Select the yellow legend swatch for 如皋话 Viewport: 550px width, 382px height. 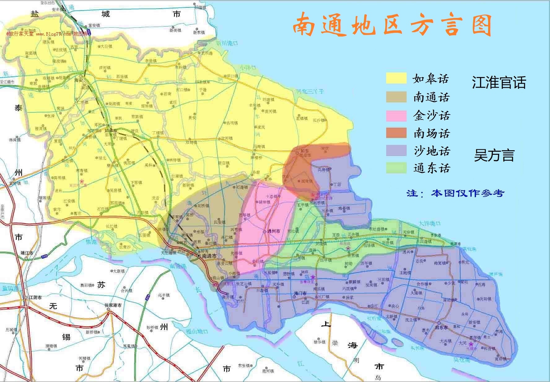coord(396,78)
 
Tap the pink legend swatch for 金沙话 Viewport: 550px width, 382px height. coord(396,116)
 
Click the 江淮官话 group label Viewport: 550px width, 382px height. coord(499,83)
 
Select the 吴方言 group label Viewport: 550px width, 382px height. coord(494,155)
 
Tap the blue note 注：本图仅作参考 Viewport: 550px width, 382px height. coord(455,193)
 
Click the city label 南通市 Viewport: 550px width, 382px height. coord(209,256)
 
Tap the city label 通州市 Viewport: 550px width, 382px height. coord(274,231)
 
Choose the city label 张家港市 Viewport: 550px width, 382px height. coord(113,305)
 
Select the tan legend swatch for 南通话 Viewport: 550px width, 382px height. coord(396,97)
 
